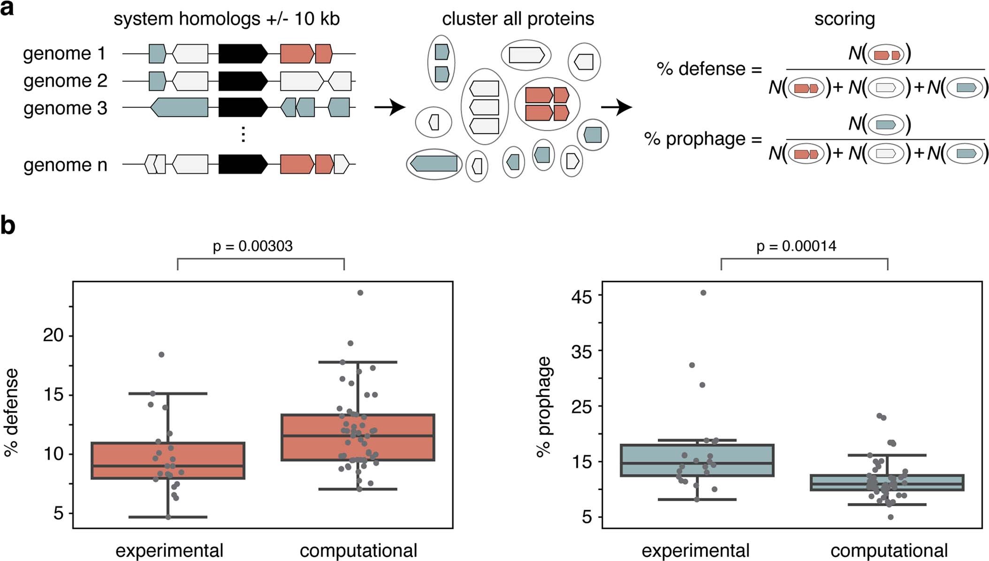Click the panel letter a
7,8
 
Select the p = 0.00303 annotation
252,246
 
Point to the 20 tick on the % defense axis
53,335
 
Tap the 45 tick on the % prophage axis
581,296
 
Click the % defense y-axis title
11,412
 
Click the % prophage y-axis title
544,407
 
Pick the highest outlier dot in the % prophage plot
703,293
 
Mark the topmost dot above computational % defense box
360,293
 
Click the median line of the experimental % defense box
168,466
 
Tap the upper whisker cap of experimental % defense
168,394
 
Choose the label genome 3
65,108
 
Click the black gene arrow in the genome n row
242,164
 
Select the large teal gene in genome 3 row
180,107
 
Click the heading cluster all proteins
517,19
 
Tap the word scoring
844,19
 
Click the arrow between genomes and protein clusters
389,107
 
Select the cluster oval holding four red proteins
547,104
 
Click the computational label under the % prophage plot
889,550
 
